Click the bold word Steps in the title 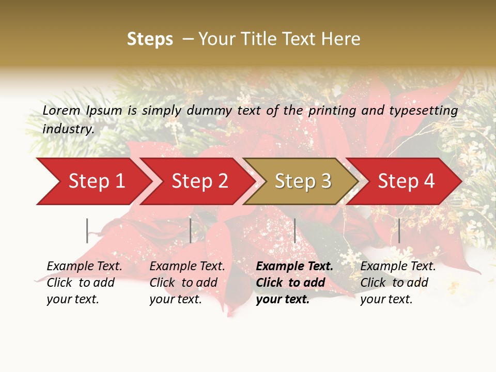click(x=150, y=39)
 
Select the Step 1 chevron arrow click(x=93, y=181)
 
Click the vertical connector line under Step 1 click(x=87, y=230)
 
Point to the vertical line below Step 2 click(x=191, y=230)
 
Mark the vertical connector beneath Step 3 click(x=295, y=230)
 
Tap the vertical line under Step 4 click(x=399, y=230)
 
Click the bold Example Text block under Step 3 click(x=294, y=283)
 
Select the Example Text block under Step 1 click(x=84, y=283)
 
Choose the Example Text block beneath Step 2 click(x=187, y=283)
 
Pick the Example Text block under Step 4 click(x=397, y=283)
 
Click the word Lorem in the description click(x=61, y=110)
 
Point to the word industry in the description click(x=68, y=129)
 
